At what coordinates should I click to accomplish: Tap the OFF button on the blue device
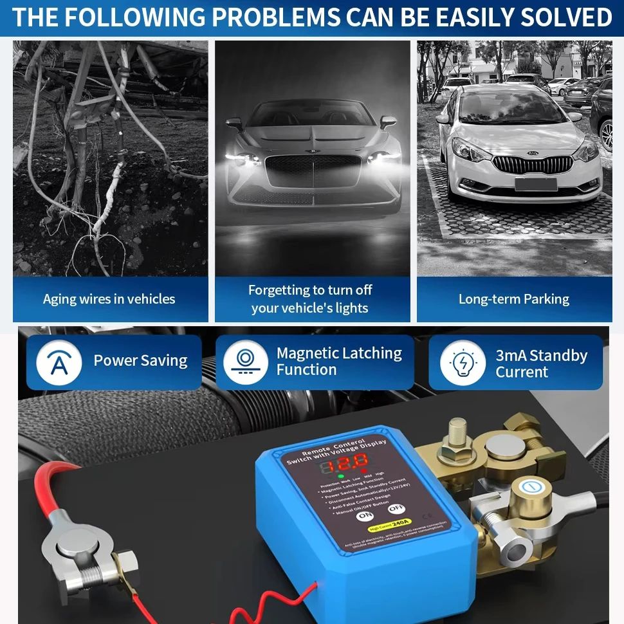pyautogui.click(x=392, y=508)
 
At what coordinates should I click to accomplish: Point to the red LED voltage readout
pyautogui.click(x=345, y=463)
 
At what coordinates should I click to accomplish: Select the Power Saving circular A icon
pyautogui.click(x=59, y=362)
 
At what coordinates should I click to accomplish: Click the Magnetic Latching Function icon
pyautogui.click(x=245, y=362)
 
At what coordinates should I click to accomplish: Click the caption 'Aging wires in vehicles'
pyautogui.click(x=109, y=299)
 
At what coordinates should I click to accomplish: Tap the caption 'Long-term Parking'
pyautogui.click(x=513, y=299)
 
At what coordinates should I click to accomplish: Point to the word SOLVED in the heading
pyautogui.click(x=565, y=17)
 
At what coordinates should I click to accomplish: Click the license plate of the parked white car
pyautogui.click(x=535, y=185)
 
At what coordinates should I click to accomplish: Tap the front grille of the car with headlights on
pyautogui.click(x=313, y=170)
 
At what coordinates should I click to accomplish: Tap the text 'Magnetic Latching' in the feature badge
pyautogui.click(x=339, y=353)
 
